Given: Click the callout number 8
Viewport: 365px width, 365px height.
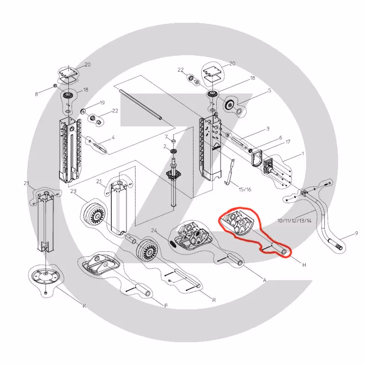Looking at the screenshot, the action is click(x=36, y=94).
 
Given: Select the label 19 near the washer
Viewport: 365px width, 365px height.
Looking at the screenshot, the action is click(x=102, y=103).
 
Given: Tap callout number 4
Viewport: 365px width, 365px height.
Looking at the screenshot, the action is click(x=113, y=138).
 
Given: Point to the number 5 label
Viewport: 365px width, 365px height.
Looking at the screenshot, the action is click(x=270, y=90).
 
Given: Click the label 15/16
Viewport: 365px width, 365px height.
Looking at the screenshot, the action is click(x=245, y=189).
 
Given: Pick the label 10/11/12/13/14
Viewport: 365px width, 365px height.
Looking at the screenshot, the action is click(x=294, y=220).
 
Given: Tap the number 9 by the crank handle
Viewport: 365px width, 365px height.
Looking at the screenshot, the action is click(x=356, y=233).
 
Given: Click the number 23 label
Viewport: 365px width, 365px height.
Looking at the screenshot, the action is click(x=73, y=191).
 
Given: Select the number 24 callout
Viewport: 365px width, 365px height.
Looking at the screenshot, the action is click(x=154, y=231).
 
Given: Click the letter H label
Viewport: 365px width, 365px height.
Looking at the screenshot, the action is click(x=304, y=265).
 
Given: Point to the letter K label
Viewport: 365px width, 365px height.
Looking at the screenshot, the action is click(x=84, y=306).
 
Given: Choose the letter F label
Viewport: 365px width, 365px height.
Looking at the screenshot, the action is click(x=166, y=306).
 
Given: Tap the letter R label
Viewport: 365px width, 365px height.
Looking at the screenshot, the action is click(x=214, y=300).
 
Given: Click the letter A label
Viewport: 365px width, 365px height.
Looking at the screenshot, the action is click(x=265, y=280).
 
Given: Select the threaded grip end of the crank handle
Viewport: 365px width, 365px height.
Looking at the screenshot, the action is click(x=336, y=244).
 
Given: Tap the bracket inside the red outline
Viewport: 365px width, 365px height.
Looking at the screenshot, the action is click(x=236, y=221).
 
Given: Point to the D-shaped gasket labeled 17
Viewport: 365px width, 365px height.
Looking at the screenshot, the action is click(x=256, y=158).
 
